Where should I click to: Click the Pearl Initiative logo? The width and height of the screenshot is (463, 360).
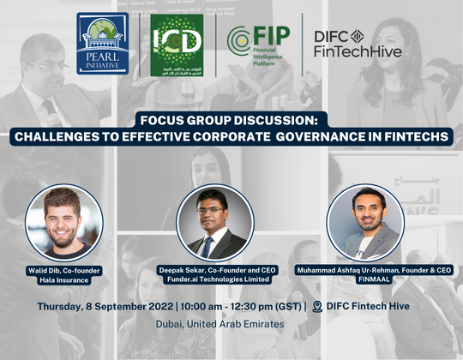coord(103,43)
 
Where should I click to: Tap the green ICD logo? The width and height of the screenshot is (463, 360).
coord(177,43)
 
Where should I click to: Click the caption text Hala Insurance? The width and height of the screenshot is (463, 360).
coord(63,279)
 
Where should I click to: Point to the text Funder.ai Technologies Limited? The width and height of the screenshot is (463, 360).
coord(214,279)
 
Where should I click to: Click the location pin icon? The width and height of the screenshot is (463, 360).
coord(318,306)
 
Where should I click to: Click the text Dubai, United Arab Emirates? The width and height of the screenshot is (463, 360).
coord(231,324)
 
